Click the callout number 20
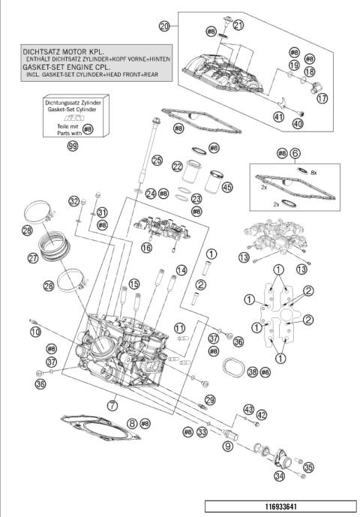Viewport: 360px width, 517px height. tap(164, 26)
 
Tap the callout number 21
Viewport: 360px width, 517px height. tap(238, 25)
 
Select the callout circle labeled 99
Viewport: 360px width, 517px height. tap(73, 147)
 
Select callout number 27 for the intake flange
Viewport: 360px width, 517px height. tap(33, 258)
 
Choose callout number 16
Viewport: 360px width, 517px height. tap(145, 247)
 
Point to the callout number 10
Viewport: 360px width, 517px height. tap(34, 332)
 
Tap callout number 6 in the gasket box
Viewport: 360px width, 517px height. tap(295, 152)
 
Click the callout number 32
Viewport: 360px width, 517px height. tap(73, 200)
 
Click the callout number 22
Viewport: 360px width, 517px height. tap(177, 167)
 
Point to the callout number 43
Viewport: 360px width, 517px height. tap(248, 409)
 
